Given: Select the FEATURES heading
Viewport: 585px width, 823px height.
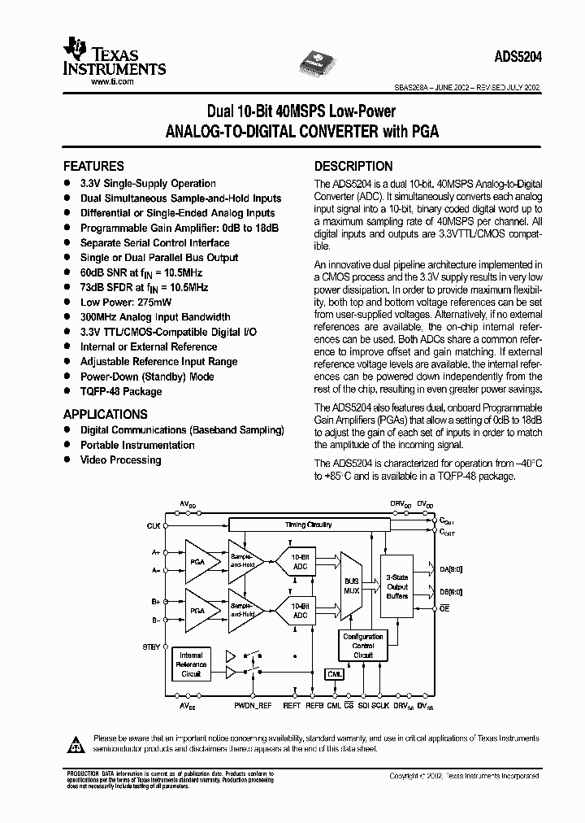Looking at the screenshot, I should click(x=93, y=166).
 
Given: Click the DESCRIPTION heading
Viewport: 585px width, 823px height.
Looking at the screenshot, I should click(x=353, y=166).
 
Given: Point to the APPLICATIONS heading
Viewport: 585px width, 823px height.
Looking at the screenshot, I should click(x=106, y=413).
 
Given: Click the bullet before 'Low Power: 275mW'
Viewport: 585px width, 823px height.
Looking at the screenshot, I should click(x=67, y=302).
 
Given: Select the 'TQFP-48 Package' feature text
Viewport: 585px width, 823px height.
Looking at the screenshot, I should click(x=121, y=391).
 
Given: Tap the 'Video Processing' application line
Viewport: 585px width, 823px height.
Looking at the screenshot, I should click(x=120, y=459).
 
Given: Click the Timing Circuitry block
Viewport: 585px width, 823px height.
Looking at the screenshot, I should click(x=308, y=525).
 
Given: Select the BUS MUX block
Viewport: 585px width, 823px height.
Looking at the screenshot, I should click(x=352, y=585).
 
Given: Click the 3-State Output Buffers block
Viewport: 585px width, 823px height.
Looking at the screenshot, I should click(x=397, y=585).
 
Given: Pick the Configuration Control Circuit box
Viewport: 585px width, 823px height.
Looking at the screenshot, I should click(x=363, y=646).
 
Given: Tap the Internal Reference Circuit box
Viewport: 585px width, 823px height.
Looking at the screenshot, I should click(x=191, y=664).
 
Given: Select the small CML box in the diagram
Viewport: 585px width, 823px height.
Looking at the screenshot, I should click(x=335, y=674).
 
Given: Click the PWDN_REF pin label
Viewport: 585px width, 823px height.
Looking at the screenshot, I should click(x=253, y=706).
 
